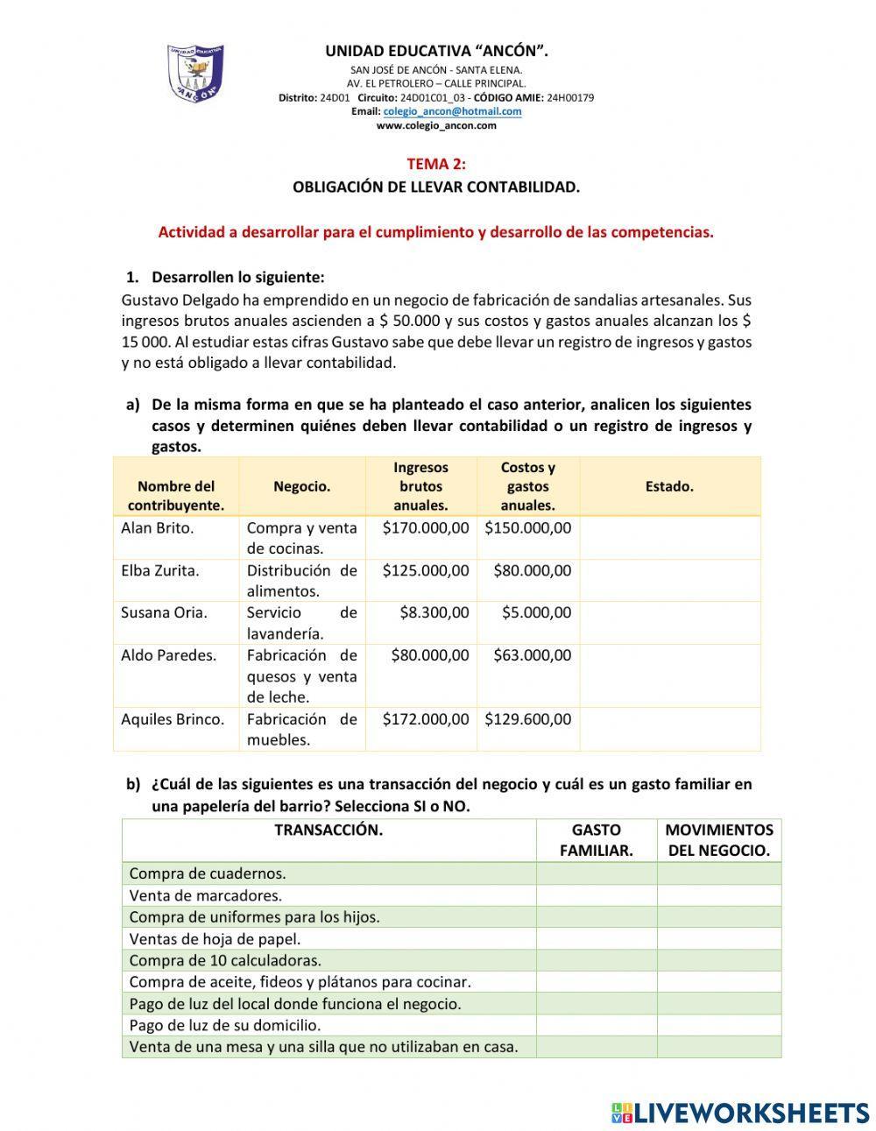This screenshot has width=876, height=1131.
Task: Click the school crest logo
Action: [x=194, y=74]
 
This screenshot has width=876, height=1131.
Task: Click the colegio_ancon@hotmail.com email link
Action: [x=452, y=111]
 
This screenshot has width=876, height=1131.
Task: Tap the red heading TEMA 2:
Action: [x=436, y=164]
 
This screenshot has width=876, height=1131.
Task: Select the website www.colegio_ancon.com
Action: [x=436, y=125]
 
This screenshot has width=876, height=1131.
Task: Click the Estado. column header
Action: [x=669, y=486]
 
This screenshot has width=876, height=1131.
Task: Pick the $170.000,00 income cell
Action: [x=426, y=528]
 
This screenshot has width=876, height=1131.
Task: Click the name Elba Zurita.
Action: [x=160, y=570]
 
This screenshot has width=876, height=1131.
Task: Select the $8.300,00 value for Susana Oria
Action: [x=434, y=612]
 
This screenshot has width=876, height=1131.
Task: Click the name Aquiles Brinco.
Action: [x=173, y=719]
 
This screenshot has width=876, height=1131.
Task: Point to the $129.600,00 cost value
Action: [x=528, y=719]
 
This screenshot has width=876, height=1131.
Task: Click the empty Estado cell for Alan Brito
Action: [x=669, y=538]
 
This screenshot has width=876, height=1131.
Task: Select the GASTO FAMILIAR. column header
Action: [x=596, y=840]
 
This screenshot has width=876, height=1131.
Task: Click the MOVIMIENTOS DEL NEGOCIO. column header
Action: [x=718, y=840]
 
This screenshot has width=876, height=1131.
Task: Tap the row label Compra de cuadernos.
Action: [x=208, y=873]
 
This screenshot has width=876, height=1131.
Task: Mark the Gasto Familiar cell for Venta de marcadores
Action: [x=596, y=895]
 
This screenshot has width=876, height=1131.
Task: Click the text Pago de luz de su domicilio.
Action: [x=225, y=1025]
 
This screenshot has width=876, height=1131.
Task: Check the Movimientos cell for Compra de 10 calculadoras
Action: [x=718, y=960]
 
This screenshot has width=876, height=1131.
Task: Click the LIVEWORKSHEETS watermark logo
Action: [x=740, y=1113]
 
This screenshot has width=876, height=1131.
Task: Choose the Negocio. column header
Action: [x=301, y=486]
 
